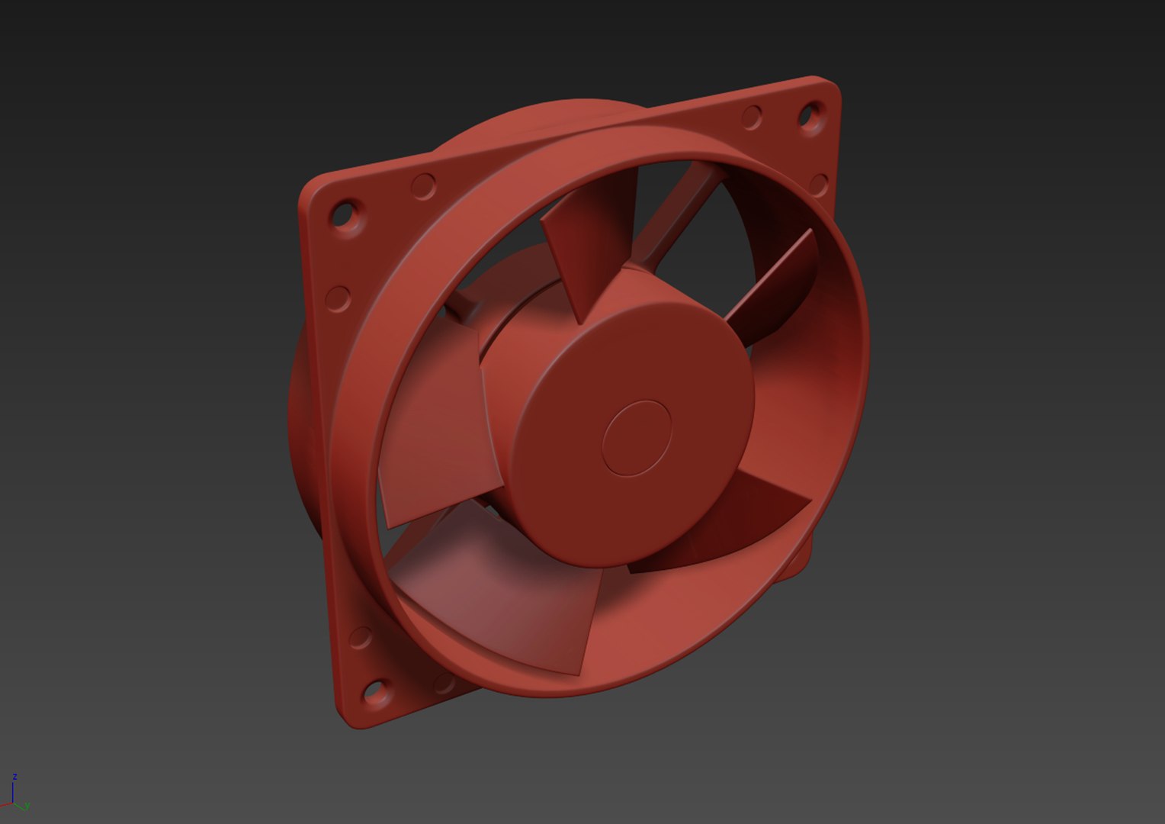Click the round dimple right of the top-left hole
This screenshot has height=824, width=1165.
(423, 185)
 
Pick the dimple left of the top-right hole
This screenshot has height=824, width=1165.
(752, 117)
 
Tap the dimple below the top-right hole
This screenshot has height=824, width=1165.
(819, 184)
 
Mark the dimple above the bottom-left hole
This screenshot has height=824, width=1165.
(360, 638)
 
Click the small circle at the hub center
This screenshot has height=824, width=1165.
(636, 439)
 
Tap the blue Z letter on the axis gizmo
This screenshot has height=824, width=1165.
(14, 777)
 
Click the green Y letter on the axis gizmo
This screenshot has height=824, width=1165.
(27, 806)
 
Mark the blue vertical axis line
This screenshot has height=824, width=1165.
(13, 792)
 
